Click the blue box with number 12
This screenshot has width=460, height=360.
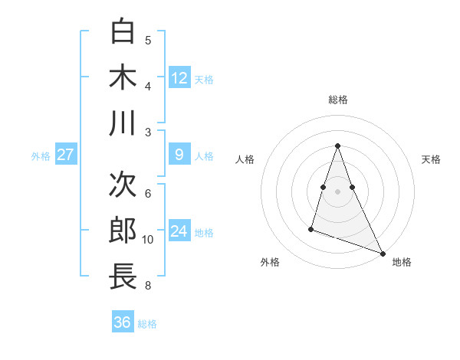pos(179,77)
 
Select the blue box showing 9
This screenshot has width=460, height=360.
pos(179,155)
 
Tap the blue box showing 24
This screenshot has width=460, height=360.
pos(179,231)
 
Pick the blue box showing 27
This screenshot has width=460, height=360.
pos(65,155)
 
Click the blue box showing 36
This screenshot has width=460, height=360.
pos(123,322)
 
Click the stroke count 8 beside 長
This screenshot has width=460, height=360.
pos(148,286)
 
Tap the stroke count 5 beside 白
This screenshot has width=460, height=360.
pos(148,41)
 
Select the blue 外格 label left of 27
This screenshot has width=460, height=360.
pos(41,156)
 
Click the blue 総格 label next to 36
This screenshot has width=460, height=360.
pos(147,324)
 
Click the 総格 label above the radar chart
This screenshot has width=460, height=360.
pos(337,100)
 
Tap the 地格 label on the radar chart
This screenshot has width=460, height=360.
pos(402,262)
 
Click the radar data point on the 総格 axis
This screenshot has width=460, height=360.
pos(337,146)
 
